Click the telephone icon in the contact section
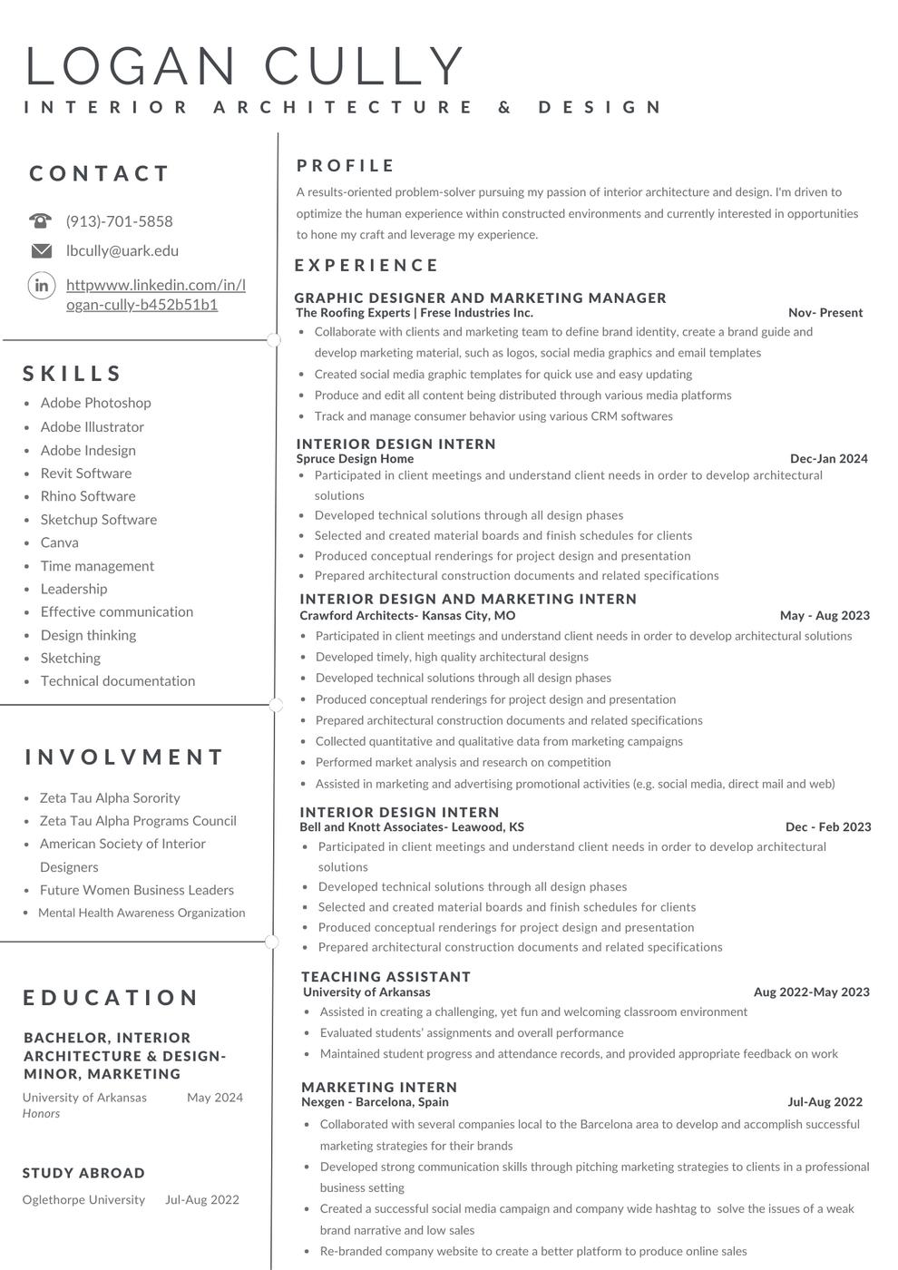41,220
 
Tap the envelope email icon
42,250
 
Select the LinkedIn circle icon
42,285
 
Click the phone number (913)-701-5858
119,221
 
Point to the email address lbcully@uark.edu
122,250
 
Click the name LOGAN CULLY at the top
245,66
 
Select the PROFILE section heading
346,166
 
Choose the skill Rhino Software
88,496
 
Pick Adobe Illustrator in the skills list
92,426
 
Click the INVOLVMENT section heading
124,757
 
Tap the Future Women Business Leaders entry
136,890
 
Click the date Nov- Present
825,313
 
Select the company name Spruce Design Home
355,459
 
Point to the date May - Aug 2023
825,615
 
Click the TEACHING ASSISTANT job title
386,977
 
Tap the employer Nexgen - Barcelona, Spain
375,1102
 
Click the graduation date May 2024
215,1098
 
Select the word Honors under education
41,1113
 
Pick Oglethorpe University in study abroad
83,1199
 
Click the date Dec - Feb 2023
828,827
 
